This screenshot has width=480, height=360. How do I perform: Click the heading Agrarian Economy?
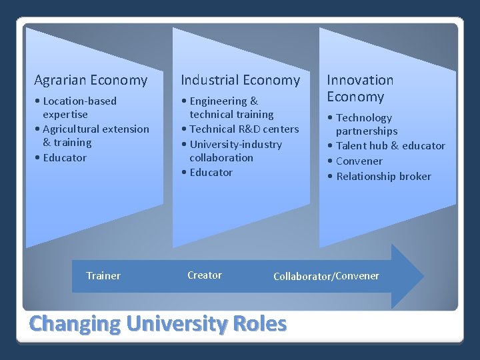point(91,80)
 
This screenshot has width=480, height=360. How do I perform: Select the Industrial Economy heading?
point(240,80)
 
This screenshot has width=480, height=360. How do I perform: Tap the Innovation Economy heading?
point(360,88)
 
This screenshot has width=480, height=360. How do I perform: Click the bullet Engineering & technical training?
point(227,107)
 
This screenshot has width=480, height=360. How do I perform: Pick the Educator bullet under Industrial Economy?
point(211,172)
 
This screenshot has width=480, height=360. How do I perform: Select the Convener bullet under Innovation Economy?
point(359,161)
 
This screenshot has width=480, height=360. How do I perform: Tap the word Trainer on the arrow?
point(103,275)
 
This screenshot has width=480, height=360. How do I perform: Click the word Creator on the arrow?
point(205,275)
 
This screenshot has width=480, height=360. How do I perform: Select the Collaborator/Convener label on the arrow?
point(326,276)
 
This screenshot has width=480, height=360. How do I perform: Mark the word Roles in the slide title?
point(260,323)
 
